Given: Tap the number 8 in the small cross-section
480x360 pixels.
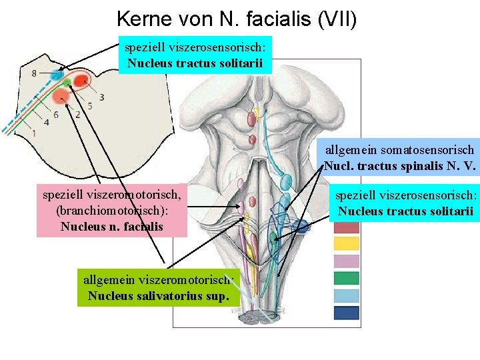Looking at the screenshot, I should click(34, 73).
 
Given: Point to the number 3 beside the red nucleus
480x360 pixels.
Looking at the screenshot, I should click(101, 97).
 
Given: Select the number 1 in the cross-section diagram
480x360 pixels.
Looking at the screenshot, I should click(34, 133).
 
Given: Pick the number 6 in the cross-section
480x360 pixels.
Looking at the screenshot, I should click(55, 114).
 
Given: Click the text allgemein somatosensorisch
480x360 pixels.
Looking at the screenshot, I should click(399, 151).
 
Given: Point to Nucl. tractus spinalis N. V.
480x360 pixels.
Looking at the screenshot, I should click(399, 166).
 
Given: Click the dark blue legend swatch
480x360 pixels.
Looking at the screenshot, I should click(346, 313).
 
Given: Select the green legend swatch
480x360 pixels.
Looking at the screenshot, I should click(346, 278).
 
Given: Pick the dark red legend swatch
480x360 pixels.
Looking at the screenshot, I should click(346, 227).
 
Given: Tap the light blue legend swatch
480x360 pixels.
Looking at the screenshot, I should click(346, 295).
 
